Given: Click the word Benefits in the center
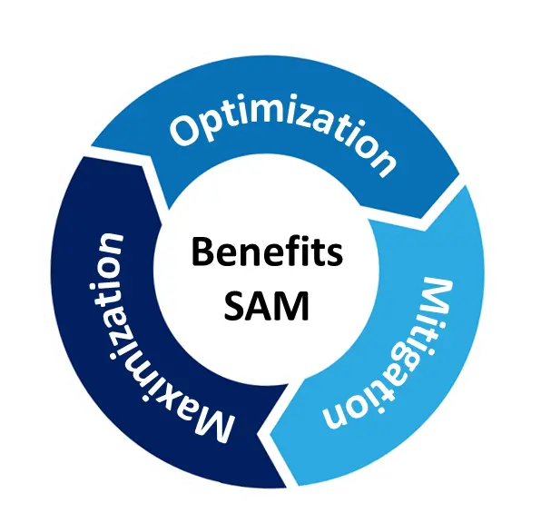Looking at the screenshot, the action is (267, 251).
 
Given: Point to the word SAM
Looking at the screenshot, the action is (266, 306).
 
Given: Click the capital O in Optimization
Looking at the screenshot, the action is (185, 131).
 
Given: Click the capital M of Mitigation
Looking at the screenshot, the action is (436, 297).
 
